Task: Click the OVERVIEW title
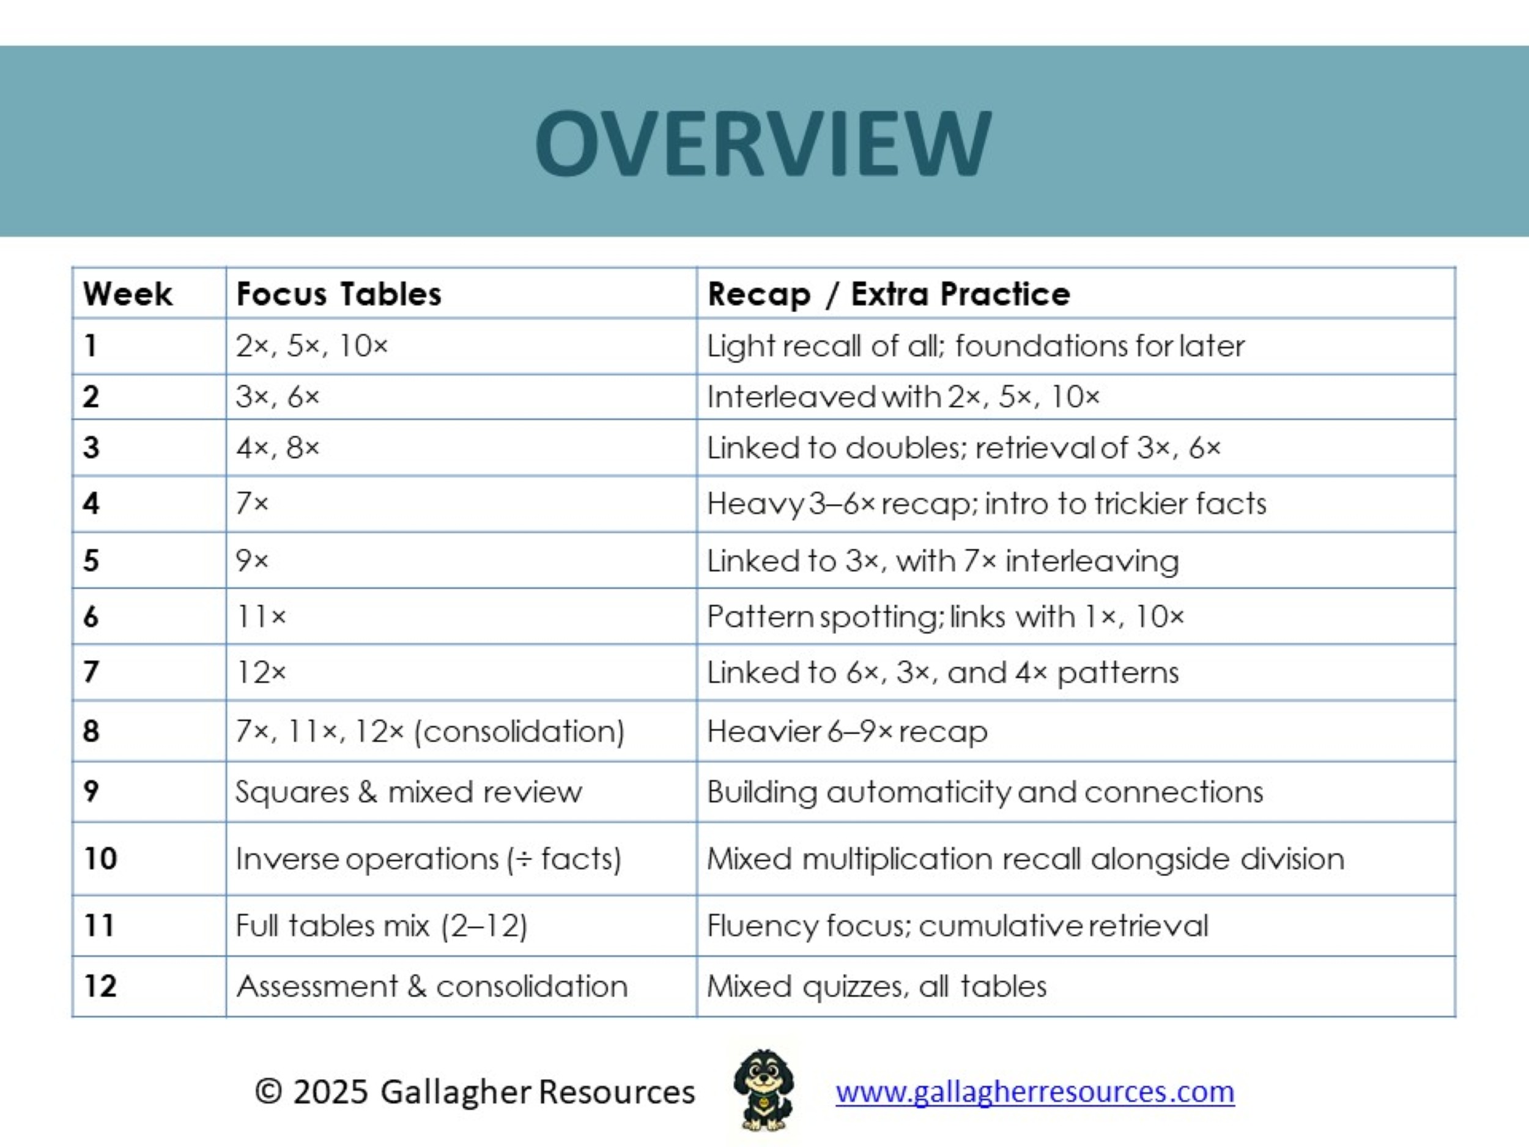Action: (763, 144)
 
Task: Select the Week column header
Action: (127, 294)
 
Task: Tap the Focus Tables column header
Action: (339, 294)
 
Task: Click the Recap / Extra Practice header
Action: (888, 294)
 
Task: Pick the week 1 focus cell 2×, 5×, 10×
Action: (312, 346)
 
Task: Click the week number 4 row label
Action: (91, 503)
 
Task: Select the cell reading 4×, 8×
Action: (277, 448)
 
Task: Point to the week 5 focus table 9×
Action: (251, 560)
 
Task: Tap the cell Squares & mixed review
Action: (409, 792)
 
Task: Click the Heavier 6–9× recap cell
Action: (846, 732)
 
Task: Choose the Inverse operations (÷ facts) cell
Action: (428, 859)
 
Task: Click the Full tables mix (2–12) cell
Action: (381, 925)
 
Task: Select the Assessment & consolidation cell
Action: (432, 986)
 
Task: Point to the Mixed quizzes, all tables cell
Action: (876, 986)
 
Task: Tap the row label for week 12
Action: (100, 986)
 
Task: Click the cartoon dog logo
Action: (763, 1089)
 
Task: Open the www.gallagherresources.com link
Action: (1035, 1092)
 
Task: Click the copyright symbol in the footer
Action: (268, 1092)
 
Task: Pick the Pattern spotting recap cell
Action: (945, 616)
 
